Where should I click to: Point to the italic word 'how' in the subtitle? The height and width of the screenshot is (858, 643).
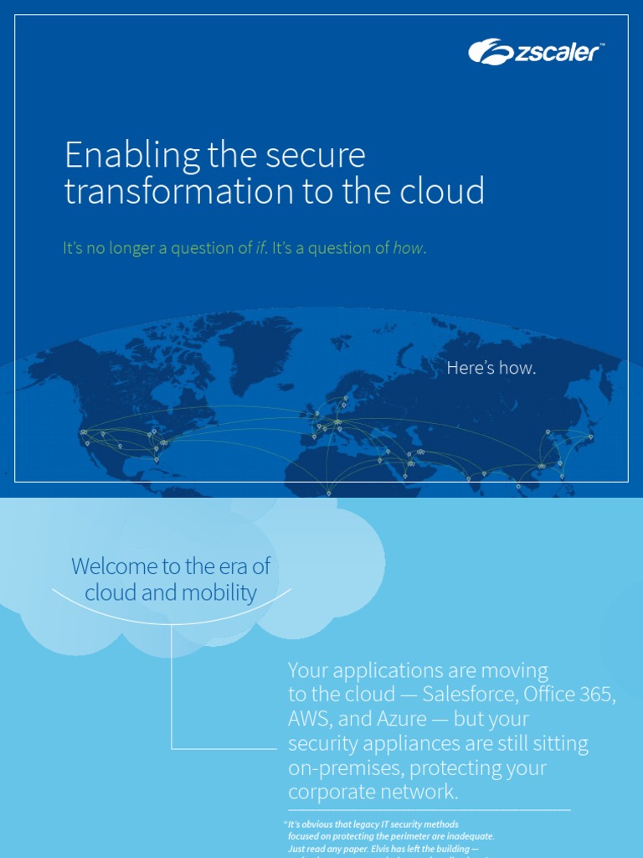tap(409, 248)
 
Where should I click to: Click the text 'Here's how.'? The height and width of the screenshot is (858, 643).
tap(491, 368)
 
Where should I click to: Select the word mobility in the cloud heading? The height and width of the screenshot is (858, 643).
tap(217, 593)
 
